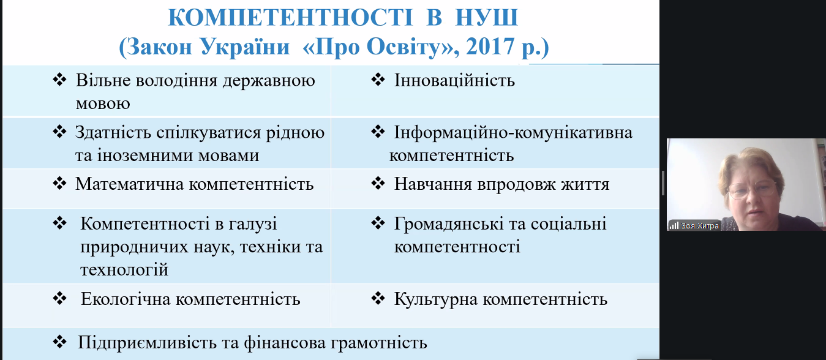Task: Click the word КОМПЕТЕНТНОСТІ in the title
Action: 291,17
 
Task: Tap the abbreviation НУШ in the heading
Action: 487,17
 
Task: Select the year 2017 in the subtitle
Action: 490,47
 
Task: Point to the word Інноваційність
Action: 454,80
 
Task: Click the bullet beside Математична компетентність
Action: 59,183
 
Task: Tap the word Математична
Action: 129,184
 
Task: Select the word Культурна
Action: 436,299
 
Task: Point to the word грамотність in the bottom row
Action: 378,343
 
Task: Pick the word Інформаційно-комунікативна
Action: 513,132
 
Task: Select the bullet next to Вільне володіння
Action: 59,80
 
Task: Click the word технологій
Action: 124,269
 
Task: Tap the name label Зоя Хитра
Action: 700,226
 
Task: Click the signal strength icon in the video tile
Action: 674,225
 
